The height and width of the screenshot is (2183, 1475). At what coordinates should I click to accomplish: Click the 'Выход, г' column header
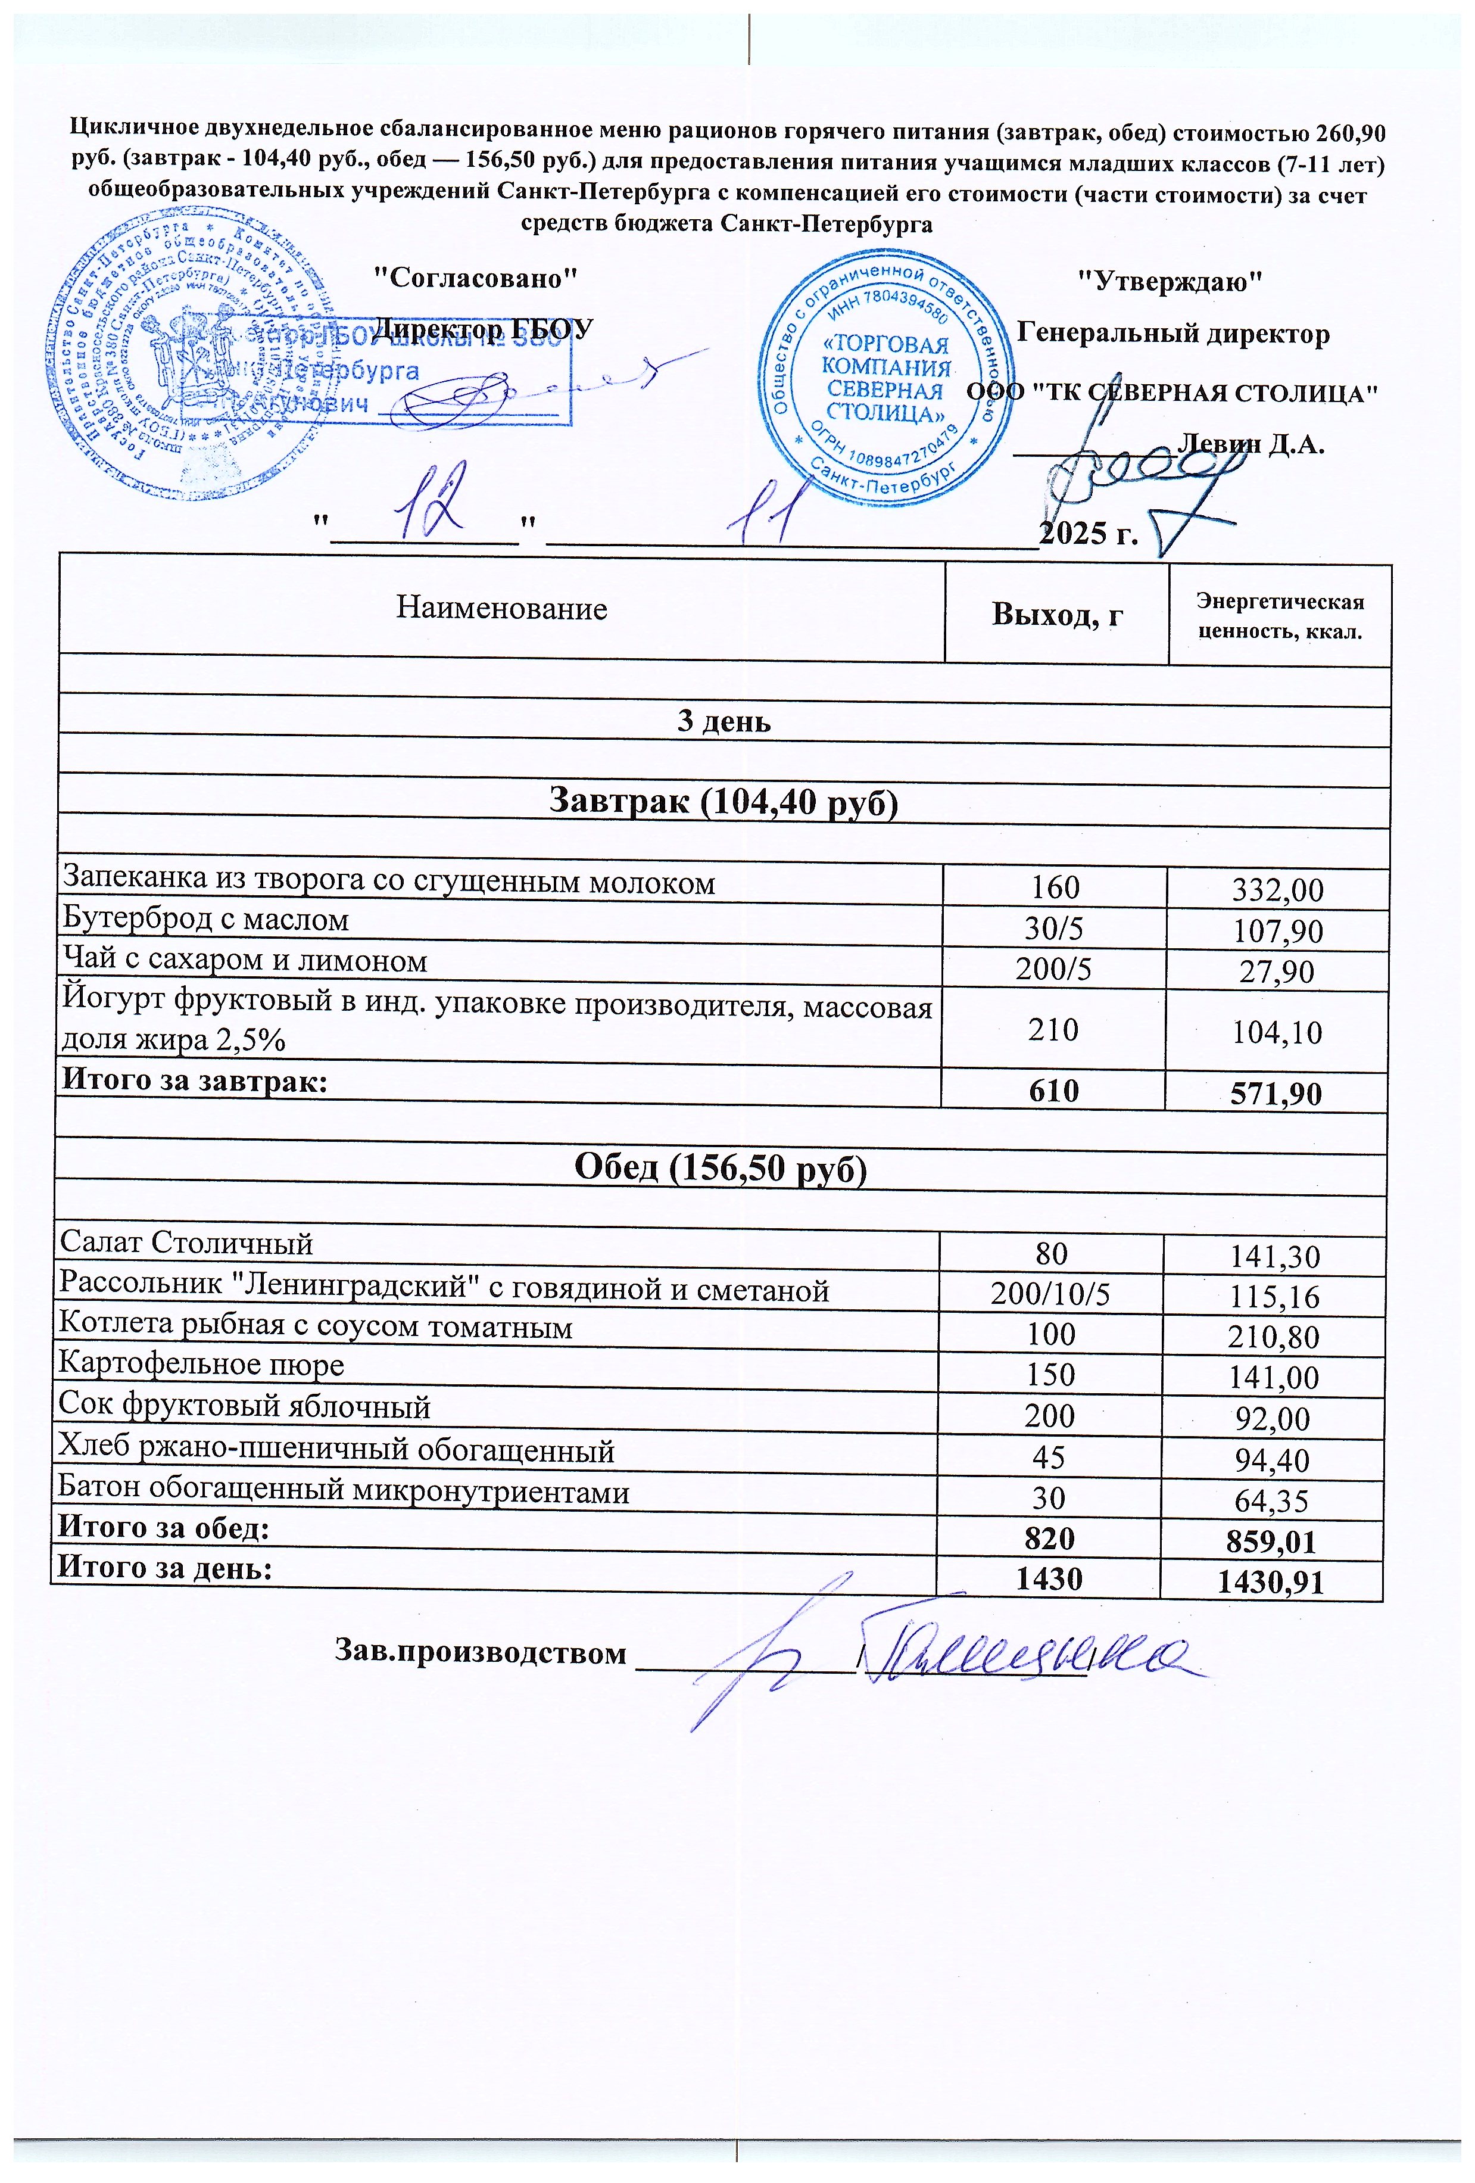(x=1057, y=615)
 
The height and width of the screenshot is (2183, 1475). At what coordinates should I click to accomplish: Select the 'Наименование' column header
(x=501, y=609)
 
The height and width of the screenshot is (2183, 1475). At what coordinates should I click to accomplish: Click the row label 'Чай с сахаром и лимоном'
(x=244, y=961)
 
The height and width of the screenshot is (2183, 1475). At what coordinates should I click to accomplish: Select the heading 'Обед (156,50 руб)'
(x=720, y=1167)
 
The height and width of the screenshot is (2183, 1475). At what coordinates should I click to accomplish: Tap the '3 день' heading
(x=724, y=721)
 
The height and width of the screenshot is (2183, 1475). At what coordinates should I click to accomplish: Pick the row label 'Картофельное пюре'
(x=201, y=1364)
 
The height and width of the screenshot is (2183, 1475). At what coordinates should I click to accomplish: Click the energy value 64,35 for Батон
(x=1271, y=1501)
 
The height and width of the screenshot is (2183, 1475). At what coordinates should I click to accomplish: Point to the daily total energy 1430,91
(x=1270, y=1583)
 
